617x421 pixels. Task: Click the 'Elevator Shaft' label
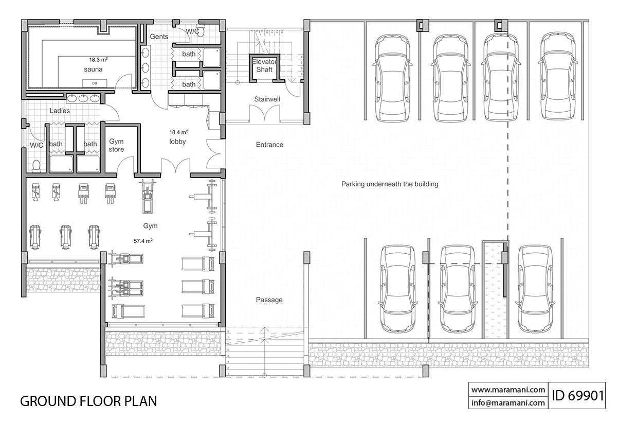264,65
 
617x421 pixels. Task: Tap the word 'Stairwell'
266,99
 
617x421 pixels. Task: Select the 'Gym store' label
116,146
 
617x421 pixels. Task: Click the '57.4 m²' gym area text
143,240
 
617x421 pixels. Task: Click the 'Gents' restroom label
159,37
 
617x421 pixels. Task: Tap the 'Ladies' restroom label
60,111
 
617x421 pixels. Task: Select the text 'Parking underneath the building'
389,184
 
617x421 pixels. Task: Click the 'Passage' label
269,300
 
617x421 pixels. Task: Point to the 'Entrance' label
269,145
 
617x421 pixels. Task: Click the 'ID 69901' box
577,396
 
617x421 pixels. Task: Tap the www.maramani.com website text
508,390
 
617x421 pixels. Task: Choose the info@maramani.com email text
508,403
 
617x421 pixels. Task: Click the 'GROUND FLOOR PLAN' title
88,401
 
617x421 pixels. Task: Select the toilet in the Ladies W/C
36,166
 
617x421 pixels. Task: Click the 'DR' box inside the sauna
95,83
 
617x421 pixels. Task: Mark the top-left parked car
392,77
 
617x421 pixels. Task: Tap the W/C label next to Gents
192,31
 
